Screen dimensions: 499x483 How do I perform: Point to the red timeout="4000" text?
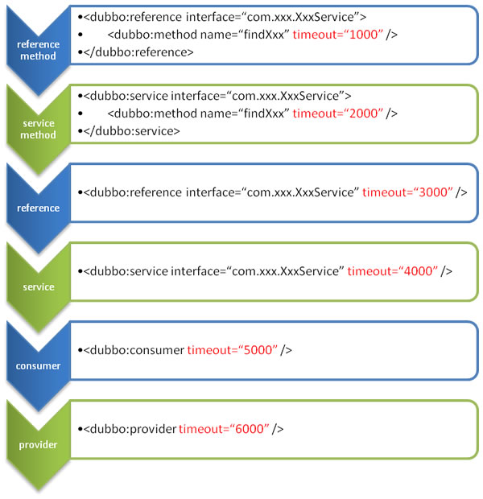[393, 271]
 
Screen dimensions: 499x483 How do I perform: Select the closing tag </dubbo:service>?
[132, 131]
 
